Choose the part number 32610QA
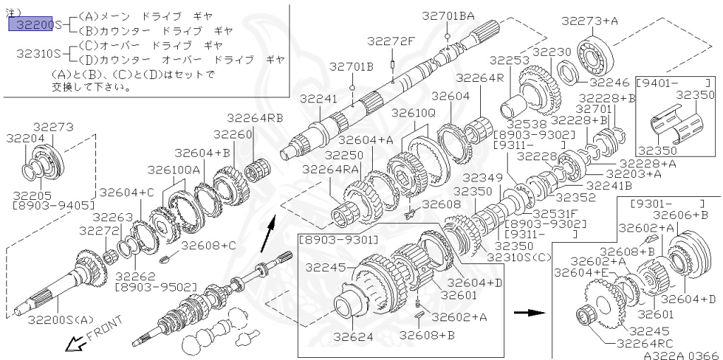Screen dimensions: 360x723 [x=174, y=169]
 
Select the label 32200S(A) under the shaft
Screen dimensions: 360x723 [x=61, y=320]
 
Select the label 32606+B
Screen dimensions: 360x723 [x=680, y=215]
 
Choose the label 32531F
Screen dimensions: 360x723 [x=555, y=212]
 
